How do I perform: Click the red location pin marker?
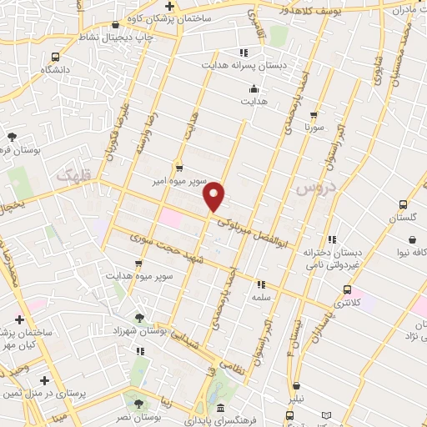point(214,195)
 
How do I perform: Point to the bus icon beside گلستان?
point(404,204)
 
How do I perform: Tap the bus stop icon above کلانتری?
point(347,290)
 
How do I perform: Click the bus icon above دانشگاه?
point(55,57)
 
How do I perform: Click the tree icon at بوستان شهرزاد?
point(139,318)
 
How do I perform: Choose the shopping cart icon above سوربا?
point(314,116)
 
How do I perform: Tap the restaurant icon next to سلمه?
point(260,284)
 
